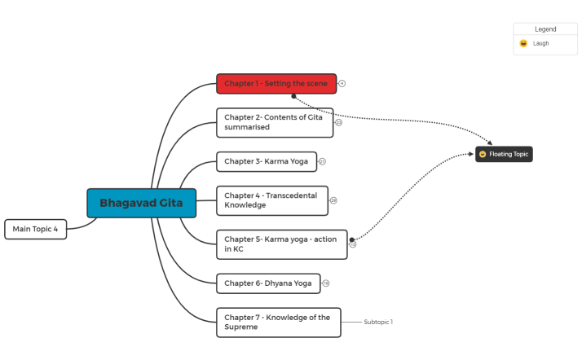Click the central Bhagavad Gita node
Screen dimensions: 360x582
click(x=141, y=203)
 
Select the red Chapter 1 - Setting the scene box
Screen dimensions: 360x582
click(x=276, y=84)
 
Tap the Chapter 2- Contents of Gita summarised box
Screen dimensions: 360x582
click(x=275, y=122)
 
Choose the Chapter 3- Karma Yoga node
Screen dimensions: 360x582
click(x=266, y=161)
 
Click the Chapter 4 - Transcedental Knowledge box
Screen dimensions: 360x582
click(x=272, y=200)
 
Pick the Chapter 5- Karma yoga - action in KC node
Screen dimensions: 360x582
click(x=281, y=244)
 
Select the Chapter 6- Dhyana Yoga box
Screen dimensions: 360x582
click(x=268, y=283)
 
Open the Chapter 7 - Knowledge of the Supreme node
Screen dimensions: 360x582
click(x=278, y=322)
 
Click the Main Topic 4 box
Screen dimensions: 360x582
click(x=35, y=229)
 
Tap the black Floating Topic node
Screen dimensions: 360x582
click(x=504, y=154)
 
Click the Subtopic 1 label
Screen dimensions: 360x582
click(x=379, y=322)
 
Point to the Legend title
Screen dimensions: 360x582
click(x=545, y=29)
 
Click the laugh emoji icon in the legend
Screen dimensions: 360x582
click(x=523, y=44)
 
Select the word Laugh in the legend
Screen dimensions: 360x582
click(x=541, y=44)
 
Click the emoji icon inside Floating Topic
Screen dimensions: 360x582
click(x=483, y=154)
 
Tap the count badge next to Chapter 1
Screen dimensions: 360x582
click(x=342, y=84)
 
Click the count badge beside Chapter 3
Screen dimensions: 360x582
click(x=322, y=161)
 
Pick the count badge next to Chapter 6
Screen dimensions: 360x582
click(x=326, y=283)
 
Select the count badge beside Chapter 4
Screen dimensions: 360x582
click(x=333, y=200)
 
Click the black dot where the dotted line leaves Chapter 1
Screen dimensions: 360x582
click(x=293, y=95)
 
